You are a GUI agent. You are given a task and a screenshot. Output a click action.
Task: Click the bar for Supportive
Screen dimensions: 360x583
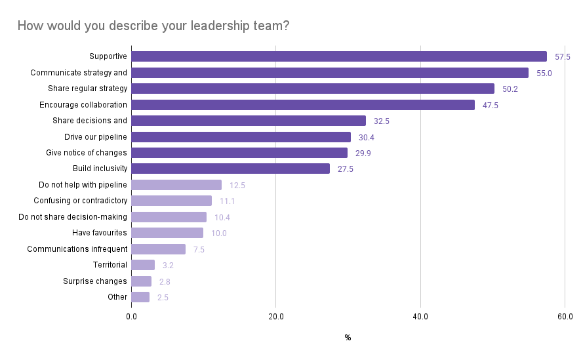pyautogui.click(x=339, y=56)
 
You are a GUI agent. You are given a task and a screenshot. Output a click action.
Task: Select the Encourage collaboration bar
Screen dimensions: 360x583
pyautogui.click(x=303, y=105)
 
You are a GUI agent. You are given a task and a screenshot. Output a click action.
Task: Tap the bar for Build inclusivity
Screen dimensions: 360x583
pyautogui.click(x=230, y=169)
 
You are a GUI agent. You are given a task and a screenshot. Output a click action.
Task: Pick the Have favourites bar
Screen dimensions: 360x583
pyautogui.click(x=167, y=233)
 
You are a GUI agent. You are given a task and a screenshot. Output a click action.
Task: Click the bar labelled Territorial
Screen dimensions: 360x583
pyautogui.click(x=143, y=265)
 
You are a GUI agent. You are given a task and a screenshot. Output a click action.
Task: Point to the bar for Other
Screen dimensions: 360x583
pyautogui.click(x=140, y=297)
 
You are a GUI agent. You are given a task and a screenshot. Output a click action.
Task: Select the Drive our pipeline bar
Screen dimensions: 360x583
pyautogui.click(x=241, y=137)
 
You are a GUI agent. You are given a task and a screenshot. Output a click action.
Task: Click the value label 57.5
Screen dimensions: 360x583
pyautogui.click(x=563, y=57)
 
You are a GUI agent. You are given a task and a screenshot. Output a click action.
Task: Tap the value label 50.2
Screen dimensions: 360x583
pyautogui.click(x=510, y=89)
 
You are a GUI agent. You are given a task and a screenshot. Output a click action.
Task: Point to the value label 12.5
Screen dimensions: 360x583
pyautogui.click(x=237, y=186)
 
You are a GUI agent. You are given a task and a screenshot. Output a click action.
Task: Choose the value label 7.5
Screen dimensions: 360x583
pyautogui.click(x=199, y=250)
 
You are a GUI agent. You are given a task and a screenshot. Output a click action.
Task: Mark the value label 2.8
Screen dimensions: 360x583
pyautogui.click(x=165, y=282)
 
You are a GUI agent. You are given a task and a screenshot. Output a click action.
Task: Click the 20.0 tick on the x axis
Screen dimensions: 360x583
pyautogui.click(x=276, y=317)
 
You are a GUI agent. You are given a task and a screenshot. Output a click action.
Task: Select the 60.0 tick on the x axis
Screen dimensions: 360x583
pyautogui.click(x=565, y=317)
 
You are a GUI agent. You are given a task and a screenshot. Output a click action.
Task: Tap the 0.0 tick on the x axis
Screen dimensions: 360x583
pyautogui.click(x=131, y=317)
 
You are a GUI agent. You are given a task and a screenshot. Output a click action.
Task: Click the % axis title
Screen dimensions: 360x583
pyautogui.click(x=348, y=338)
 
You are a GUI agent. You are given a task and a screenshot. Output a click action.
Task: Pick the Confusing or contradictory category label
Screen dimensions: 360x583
pyautogui.click(x=81, y=201)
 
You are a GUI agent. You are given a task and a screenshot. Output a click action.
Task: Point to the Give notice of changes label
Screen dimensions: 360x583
pyautogui.click(x=87, y=153)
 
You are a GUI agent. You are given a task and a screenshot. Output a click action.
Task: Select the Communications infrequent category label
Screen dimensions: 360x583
pyautogui.click(x=77, y=249)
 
